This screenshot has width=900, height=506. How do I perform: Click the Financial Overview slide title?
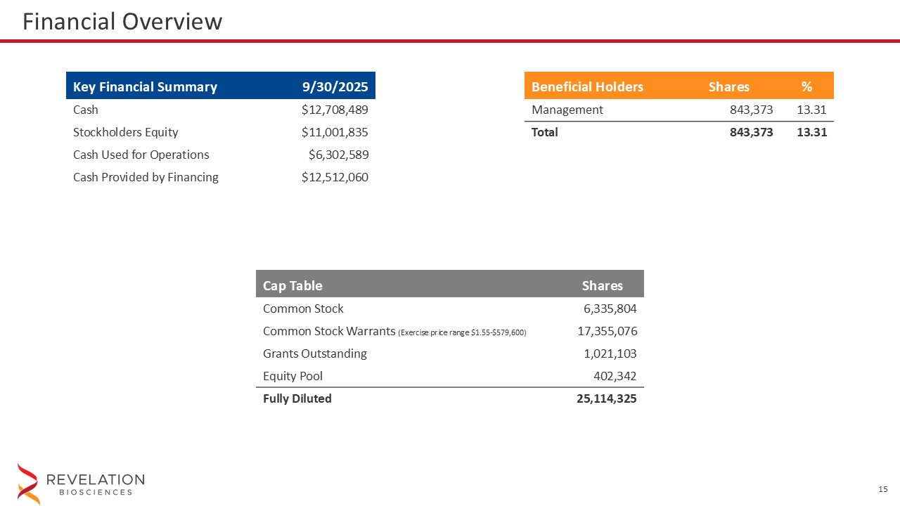pyautogui.click(x=122, y=22)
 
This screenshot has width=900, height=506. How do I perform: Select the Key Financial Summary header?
pyautogui.click(x=145, y=87)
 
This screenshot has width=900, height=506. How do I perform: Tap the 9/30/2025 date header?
pyautogui.click(x=335, y=87)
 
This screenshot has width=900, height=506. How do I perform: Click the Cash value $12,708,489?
pyautogui.click(x=335, y=110)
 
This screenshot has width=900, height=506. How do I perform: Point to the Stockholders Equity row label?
pyautogui.click(x=126, y=132)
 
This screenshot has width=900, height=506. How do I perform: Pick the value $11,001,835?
pyautogui.click(x=335, y=132)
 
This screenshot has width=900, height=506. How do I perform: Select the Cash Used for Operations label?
pyautogui.click(x=141, y=155)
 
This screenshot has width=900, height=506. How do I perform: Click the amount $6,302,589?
pyautogui.click(x=338, y=155)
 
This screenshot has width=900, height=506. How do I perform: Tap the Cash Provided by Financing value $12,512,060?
pyautogui.click(x=335, y=177)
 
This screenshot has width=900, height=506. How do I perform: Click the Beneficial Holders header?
pyautogui.click(x=587, y=87)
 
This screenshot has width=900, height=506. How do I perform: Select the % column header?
pyautogui.click(x=806, y=87)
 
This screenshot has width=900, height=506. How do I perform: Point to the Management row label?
pyautogui.click(x=567, y=110)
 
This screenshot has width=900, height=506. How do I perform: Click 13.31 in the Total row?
pyautogui.click(x=811, y=132)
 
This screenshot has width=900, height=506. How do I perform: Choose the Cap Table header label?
pyautogui.click(x=292, y=285)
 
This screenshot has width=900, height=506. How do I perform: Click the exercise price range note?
pyautogui.click(x=462, y=332)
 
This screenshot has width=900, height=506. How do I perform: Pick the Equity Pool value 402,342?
pyautogui.click(x=615, y=375)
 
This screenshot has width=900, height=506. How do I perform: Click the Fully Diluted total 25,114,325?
pyautogui.click(x=607, y=398)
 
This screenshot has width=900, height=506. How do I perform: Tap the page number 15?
pyautogui.click(x=883, y=489)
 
